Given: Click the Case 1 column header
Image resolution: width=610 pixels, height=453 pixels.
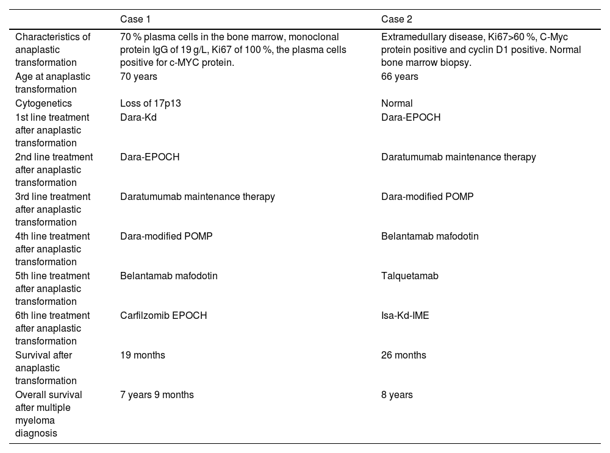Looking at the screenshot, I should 135,19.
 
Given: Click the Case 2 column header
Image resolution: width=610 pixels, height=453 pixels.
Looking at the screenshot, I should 396,19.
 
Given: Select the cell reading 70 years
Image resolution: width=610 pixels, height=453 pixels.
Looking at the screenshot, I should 138,76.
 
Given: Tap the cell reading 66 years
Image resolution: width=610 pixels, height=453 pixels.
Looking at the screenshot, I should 400,76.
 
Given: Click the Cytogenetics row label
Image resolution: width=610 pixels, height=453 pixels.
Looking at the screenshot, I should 43,104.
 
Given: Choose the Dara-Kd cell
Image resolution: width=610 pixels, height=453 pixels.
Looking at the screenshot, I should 138,117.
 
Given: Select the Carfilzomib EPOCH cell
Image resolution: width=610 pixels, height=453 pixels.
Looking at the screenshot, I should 163,315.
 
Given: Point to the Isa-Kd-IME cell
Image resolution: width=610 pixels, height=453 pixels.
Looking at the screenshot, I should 405,315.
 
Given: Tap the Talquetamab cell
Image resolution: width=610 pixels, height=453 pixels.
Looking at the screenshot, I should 410,276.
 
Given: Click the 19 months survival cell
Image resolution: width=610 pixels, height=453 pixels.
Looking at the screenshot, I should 143,355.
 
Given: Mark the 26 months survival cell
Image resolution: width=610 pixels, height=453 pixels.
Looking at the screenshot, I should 404,355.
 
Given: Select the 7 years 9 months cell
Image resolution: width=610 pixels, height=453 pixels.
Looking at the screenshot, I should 157,394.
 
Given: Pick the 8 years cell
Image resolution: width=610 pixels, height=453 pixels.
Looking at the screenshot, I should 397,394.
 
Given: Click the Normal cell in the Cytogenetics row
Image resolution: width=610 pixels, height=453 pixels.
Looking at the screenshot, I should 397,104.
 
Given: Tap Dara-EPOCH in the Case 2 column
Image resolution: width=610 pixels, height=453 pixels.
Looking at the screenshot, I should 411,117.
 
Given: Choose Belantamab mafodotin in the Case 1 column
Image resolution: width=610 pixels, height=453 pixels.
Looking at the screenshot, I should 169,276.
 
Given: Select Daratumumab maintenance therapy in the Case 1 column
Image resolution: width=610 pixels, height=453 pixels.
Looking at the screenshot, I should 198,196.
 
